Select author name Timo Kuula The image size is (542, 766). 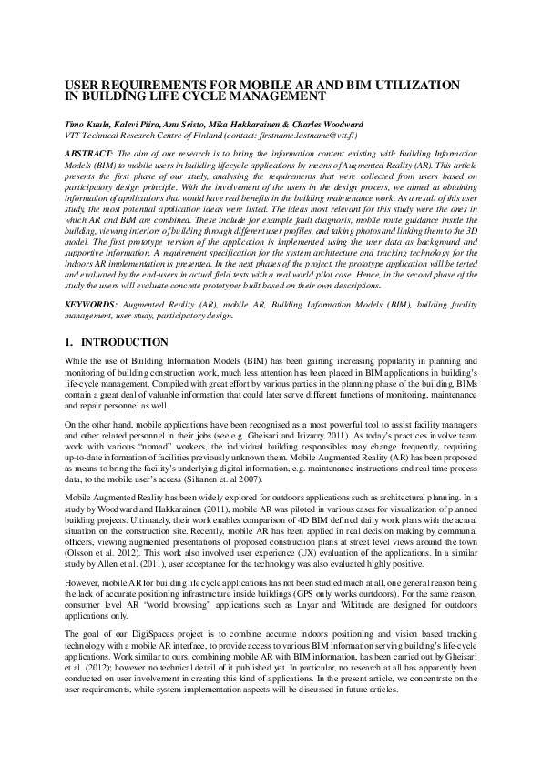pos(89,122)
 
